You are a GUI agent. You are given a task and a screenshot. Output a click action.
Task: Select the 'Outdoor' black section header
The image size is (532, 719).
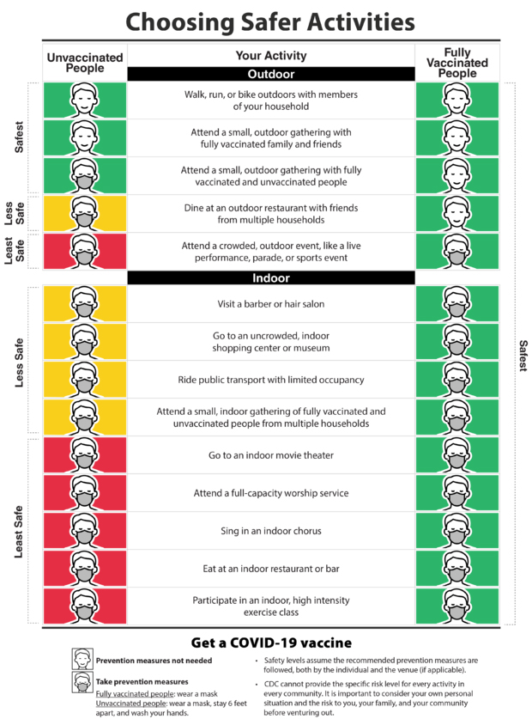(x=271, y=75)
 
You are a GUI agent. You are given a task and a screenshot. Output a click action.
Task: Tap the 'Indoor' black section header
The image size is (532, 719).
(x=271, y=278)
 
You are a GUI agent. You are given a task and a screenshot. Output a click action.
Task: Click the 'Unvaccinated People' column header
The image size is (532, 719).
(x=85, y=63)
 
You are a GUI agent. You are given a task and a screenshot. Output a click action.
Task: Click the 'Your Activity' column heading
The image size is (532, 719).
(x=271, y=56)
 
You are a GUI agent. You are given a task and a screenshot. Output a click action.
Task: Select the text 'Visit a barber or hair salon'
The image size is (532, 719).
(x=271, y=304)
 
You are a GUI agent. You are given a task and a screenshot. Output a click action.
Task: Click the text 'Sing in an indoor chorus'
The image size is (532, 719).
(x=271, y=531)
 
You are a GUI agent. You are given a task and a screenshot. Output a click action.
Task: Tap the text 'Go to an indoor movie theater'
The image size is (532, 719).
(x=271, y=455)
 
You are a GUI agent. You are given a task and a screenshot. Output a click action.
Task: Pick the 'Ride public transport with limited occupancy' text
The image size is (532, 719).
(x=271, y=380)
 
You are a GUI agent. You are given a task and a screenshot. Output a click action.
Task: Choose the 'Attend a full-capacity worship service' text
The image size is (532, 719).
(x=271, y=493)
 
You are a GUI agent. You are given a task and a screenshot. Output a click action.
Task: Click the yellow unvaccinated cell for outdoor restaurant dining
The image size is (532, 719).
(x=85, y=214)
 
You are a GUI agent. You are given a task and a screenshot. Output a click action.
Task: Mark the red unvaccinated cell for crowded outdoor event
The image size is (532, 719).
(x=85, y=252)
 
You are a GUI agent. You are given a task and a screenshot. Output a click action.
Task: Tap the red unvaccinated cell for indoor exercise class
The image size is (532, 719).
(x=85, y=606)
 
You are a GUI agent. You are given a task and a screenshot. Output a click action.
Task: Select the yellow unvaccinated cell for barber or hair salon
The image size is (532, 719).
(x=85, y=304)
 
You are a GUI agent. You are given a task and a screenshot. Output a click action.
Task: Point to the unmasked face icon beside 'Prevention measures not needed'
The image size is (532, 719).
(x=82, y=660)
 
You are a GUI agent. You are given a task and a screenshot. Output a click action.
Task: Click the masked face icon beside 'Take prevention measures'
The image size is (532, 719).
(x=82, y=682)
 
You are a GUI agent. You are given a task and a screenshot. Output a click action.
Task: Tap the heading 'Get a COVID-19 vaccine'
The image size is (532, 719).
(x=271, y=643)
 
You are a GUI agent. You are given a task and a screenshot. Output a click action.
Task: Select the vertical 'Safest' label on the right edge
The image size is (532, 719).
(x=523, y=354)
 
